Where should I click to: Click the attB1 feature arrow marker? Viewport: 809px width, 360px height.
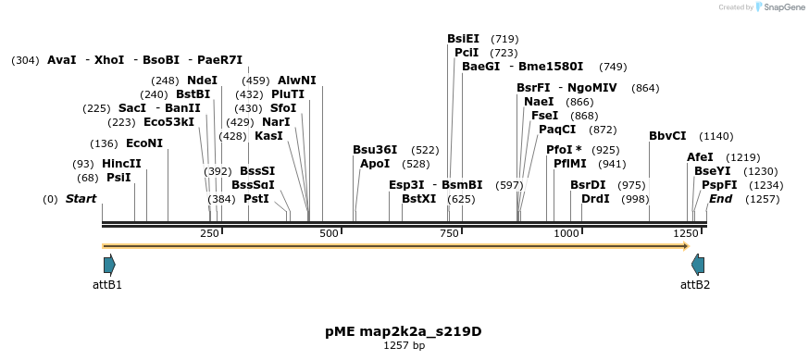(109, 265)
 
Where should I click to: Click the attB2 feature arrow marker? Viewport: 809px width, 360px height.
(697, 265)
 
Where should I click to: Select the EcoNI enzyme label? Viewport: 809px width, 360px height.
(143, 143)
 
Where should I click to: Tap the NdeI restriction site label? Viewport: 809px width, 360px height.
(202, 81)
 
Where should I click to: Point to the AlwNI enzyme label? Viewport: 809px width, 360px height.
(296, 81)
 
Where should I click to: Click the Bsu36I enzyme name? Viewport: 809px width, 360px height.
(375, 150)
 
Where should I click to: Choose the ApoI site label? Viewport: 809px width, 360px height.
(375, 164)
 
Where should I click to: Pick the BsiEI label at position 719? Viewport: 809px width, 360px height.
(463, 39)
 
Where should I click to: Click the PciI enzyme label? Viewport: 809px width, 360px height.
(467, 53)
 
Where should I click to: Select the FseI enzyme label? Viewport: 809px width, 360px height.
(544, 116)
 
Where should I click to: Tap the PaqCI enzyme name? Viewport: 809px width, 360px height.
(557, 130)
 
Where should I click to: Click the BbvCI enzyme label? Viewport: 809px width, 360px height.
(667, 136)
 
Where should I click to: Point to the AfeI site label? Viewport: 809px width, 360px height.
(700, 157)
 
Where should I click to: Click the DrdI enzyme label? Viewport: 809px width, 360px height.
(594, 199)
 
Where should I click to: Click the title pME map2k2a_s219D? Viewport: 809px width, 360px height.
(404, 331)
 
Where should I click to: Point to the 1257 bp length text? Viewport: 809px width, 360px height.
(404, 346)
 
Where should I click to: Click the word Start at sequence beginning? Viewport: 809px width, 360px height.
(81, 199)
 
